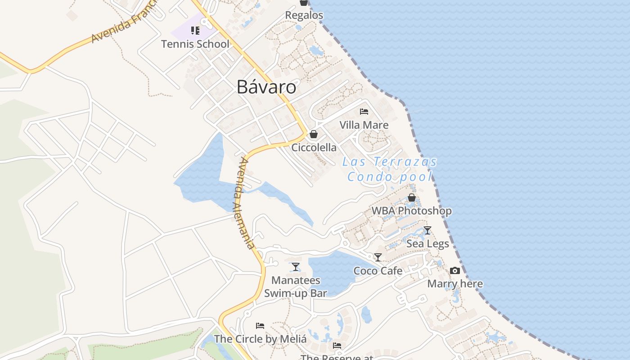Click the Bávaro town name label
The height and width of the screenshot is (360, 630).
266,87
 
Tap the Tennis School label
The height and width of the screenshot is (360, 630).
195,44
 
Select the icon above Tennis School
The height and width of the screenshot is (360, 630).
195,31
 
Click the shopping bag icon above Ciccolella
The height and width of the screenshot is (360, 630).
314,134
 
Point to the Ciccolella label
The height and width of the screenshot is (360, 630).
314,148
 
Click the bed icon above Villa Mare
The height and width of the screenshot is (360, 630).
364,112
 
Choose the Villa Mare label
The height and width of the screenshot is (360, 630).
364,125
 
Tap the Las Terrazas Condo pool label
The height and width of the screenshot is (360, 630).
390,169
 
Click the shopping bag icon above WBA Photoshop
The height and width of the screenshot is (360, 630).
411,198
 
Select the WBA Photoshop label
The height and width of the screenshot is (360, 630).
411,211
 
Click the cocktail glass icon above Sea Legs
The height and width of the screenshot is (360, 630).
427,230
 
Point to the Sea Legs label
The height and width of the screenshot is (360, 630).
427,244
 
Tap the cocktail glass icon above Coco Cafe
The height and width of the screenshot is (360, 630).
378,257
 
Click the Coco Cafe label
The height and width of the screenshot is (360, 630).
378,271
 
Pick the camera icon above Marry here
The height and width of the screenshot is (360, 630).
455,270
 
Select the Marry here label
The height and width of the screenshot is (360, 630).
455,284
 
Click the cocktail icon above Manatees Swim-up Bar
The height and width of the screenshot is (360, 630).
295,267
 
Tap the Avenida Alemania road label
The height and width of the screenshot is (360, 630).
244,203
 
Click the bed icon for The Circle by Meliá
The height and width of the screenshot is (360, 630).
260,325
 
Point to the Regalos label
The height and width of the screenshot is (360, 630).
304,15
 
